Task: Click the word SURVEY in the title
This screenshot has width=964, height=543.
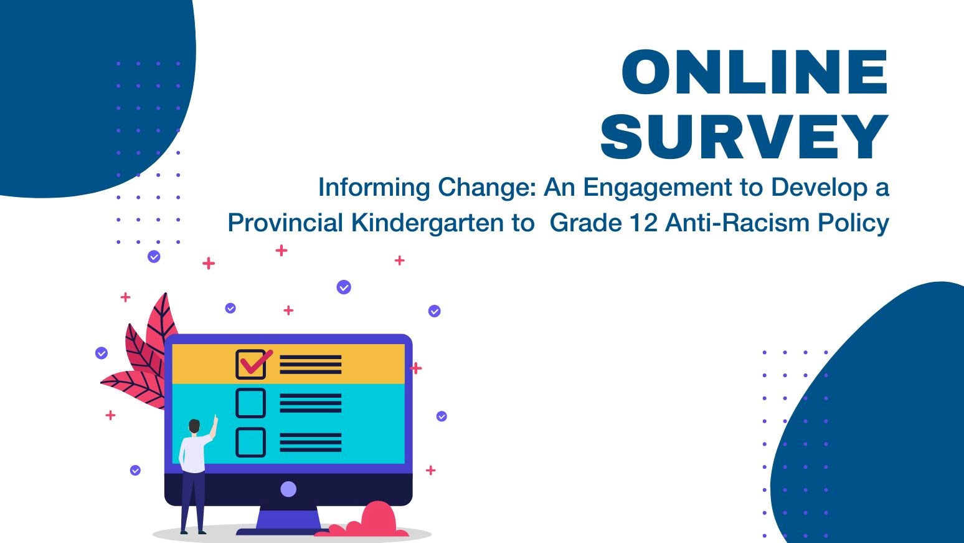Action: pyautogui.click(x=744, y=137)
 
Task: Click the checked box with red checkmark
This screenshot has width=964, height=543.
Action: pyautogui.click(x=251, y=364)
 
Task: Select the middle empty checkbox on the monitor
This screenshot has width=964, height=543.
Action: pyautogui.click(x=250, y=403)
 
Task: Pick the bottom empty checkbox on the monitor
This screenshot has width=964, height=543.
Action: pyautogui.click(x=250, y=442)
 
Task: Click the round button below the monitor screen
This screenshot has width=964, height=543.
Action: pyautogui.click(x=288, y=489)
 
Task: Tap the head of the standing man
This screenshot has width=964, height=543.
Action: pyautogui.click(x=194, y=426)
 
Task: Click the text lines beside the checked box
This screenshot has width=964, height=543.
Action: pyautogui.click(x=310, y=365)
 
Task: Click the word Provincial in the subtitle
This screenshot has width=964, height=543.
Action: pyautogui.click(x=285, y=223)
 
